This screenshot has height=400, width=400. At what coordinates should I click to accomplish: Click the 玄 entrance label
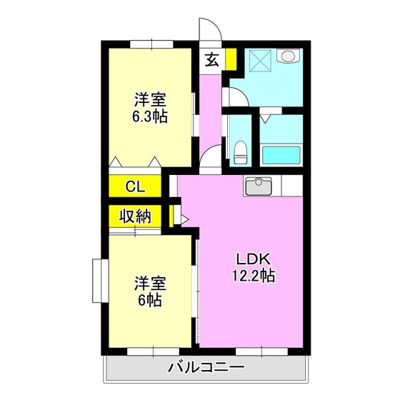[212, 60]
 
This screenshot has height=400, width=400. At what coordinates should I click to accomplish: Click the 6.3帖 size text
[150, 116]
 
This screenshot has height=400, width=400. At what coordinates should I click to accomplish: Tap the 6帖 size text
[150, 300]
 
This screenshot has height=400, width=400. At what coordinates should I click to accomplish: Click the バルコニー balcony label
[206, 369]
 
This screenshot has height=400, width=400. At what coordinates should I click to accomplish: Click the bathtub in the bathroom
[284, 155]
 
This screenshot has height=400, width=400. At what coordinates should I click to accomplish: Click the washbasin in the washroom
[287, 57]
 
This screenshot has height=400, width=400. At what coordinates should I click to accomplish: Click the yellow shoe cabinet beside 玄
[230, 60]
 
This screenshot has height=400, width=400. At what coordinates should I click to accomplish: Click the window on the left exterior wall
[99, 281]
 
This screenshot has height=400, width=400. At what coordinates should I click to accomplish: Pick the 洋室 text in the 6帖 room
[150, 284]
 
